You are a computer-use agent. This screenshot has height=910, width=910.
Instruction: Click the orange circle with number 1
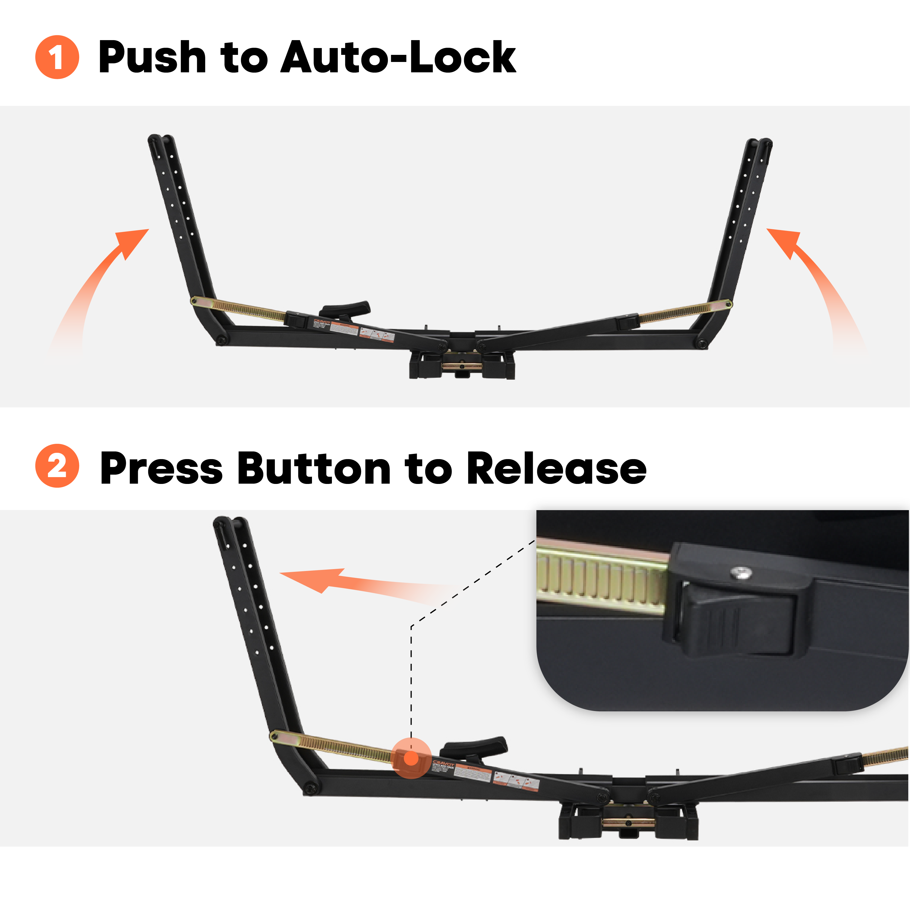pyautogui.click(x=57, y=57)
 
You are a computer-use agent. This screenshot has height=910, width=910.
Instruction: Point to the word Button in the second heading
pyautogui.click(x=314, y=468)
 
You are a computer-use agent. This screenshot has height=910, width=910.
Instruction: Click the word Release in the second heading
pyautogui.click(x=557, y=468)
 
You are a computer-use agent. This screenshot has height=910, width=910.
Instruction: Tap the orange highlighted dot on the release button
pyautogui.click(x=411, y=758)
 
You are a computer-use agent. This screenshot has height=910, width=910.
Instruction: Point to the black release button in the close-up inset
pyautogui.click(x=735, y=622)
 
